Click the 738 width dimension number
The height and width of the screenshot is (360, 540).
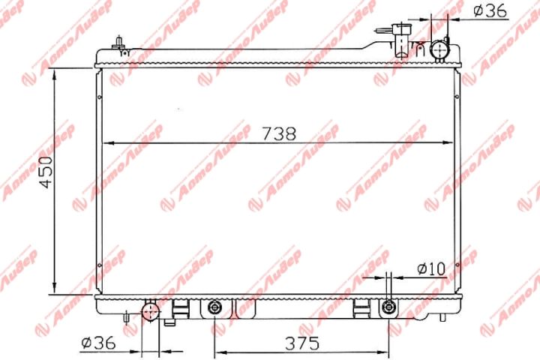(279, 133)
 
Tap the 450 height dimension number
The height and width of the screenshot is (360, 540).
(46, 172)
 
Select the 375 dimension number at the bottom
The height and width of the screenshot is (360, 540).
(302, 343)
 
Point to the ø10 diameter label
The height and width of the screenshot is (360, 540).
(431, 268)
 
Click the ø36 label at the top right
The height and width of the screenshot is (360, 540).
(490, 10)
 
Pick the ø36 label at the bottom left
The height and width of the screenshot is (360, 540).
(98, 343)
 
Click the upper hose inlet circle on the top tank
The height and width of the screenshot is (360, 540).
(440, 50)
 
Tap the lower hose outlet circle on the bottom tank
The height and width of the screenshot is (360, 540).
(151, 311)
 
